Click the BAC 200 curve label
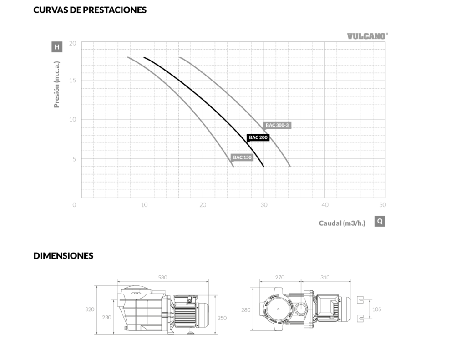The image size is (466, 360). pos(258,137)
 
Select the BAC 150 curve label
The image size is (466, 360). pos(242,157)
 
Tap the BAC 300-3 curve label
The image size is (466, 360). pos(277,125)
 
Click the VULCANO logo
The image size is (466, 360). pos(368,36)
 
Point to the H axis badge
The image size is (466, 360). pos(57,47)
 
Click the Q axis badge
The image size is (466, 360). pos(380,222)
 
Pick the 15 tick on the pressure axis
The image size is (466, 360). pos(72,80)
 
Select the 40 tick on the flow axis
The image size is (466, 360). pos(325,205)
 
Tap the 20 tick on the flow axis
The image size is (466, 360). pos(203,205)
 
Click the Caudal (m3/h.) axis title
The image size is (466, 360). pos(342,223)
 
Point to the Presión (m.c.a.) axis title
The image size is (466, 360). pos(56,85)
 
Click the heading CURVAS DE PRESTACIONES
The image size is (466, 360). pos(90,10)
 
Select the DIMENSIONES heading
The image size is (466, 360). pos(63,256)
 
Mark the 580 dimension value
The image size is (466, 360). pos(162,277)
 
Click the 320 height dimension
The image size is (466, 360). pos(90,309)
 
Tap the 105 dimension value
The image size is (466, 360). pos(376,309)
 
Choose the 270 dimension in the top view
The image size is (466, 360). pos(280,277)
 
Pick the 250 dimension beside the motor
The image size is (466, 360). pos(222,318)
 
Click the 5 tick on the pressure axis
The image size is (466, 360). pos(74,159)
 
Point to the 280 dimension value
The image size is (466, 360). pos(246,310)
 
